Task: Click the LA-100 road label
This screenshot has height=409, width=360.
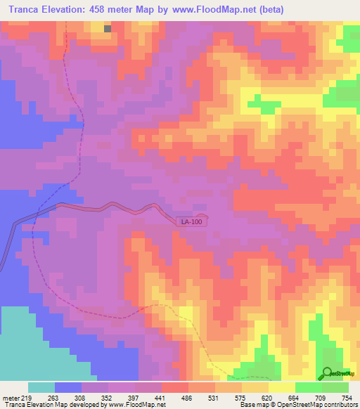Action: coord(191,222)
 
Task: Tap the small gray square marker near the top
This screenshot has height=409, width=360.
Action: coord(108,29)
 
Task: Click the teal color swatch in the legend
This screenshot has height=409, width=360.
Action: coord(41,387)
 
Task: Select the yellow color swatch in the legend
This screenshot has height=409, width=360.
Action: coord(281,387)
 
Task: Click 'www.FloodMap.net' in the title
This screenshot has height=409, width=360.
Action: coord(203,10)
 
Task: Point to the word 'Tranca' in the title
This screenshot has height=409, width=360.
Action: coord(20,10)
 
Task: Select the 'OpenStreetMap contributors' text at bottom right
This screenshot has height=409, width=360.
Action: coord(318,405)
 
